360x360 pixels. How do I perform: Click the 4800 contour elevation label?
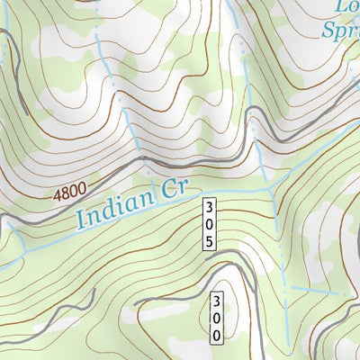click(71, 192)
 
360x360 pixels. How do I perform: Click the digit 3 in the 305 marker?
click(209, 206)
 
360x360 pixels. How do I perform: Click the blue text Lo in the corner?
click(346, 7)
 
